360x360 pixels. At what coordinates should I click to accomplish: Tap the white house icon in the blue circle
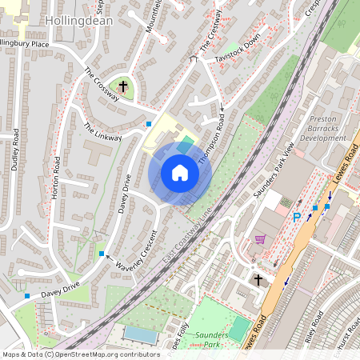point(180,173)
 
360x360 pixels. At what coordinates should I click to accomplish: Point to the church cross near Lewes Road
point(258,279)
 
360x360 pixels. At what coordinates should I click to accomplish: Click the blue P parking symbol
point(297,217)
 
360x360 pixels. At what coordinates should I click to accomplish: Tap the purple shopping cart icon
point(259,238)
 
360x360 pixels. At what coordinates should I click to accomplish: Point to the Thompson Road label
point(210,141)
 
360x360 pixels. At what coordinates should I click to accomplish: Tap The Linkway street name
point(102,131)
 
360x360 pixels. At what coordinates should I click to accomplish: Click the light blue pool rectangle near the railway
point(141,334)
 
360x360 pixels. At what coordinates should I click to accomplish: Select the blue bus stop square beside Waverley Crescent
point(102,254)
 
